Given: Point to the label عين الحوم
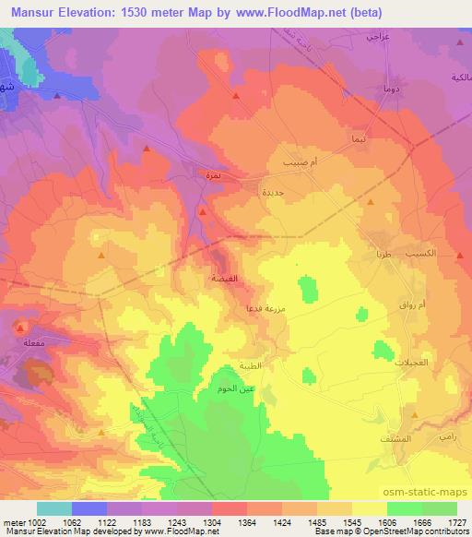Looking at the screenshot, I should click(235, 389).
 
